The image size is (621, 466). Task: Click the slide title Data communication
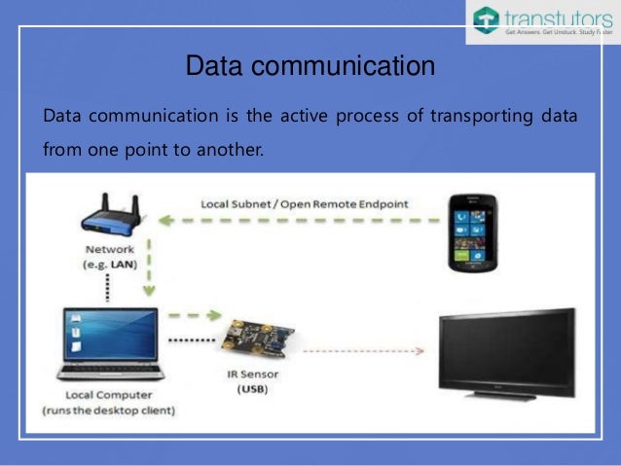click(310, 68)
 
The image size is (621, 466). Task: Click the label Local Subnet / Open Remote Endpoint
click(305, 204)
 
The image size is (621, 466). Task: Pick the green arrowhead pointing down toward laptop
click(148, 291)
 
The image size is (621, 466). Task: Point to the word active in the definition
click(307, 118)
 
